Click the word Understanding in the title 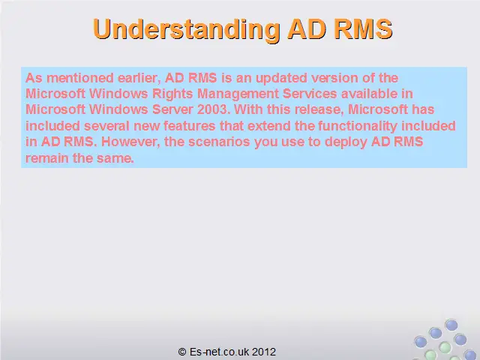pyautogui.click(x=187, y=29)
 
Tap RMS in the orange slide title pyautogui.click(x=363, y=28)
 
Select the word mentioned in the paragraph pyautogui.click(x=80, y=78)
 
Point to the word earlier pyautogui.click(x=139, y=78)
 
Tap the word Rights pyautogui.click(x=172, y=94)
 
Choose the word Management pyautogui.click(x=238, y=94)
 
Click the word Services pyautogui.click(x=310, y=93)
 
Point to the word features pyautogui.click(x=190, y=126)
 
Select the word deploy pyautogui.click(x=346, y=142)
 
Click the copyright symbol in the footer pyautogui.click(x=182, y=352)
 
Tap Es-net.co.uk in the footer pyautogui.click(x=220, y=352)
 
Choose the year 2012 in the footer pyautogui.click(x=264, y=352)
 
